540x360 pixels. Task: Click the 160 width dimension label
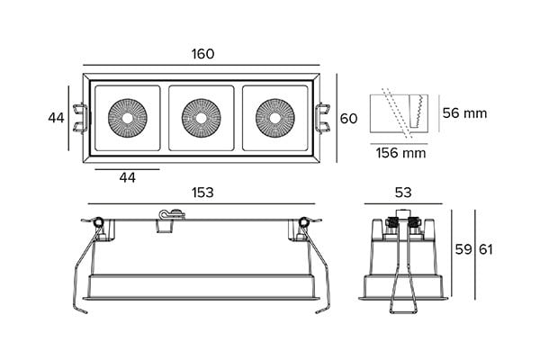(x=202, y=54)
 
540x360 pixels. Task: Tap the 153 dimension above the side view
(x=202, y=193)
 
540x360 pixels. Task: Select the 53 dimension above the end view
(x=402, y=193)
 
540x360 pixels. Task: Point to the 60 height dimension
(x=349, y=118)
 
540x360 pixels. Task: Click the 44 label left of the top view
(x=56, y=118)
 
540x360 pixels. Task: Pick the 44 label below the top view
(x=127, y=178)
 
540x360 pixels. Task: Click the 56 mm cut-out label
(x=464, y=113)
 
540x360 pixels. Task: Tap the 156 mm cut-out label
(x=400, y=153)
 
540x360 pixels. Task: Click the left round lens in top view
(x=127, y=117)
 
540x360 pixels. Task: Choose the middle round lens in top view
(x=201, y=117)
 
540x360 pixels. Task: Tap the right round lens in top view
(x=274, y=117)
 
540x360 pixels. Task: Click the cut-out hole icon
(x=400, y=112)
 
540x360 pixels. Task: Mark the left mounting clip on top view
(x=82, y=118)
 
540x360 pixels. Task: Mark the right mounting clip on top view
(x=321, y=118)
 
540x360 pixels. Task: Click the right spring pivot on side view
(x=304, y=222)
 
